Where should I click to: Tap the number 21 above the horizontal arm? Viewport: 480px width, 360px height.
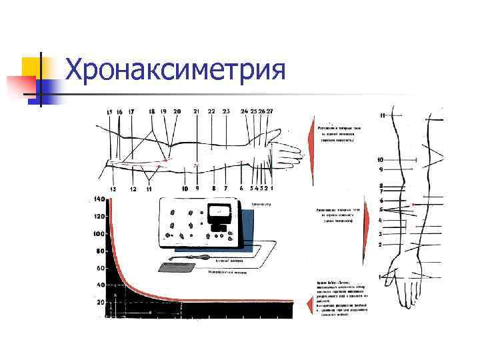tap(196, 111)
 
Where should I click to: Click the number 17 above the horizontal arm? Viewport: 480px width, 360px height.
tap(131, 111)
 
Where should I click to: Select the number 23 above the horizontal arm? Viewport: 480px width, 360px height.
tap(226, 111)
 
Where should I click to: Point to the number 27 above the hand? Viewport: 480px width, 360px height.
tap(269, 111)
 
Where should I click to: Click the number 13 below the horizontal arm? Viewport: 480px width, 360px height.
tap(113, 189)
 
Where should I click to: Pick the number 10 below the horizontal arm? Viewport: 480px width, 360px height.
tap(185, 189)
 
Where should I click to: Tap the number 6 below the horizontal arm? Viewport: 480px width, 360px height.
tap(241, 189)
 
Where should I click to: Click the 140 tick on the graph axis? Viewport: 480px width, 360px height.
tap(99, 199)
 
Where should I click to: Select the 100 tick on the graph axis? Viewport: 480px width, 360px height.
tap(99, 234)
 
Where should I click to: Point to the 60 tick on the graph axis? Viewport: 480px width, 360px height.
tap(101, 268)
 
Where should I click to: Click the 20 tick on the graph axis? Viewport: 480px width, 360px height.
tap(101, 303)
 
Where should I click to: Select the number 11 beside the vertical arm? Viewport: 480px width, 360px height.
tap(383, 115)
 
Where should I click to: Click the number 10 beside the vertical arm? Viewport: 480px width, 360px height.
tap(380, 160)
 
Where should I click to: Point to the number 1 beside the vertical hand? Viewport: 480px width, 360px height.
tap(380, 276)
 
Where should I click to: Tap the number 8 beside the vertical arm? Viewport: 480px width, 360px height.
tap(381, 186)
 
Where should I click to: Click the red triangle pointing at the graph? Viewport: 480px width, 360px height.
tap(308, 305)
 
